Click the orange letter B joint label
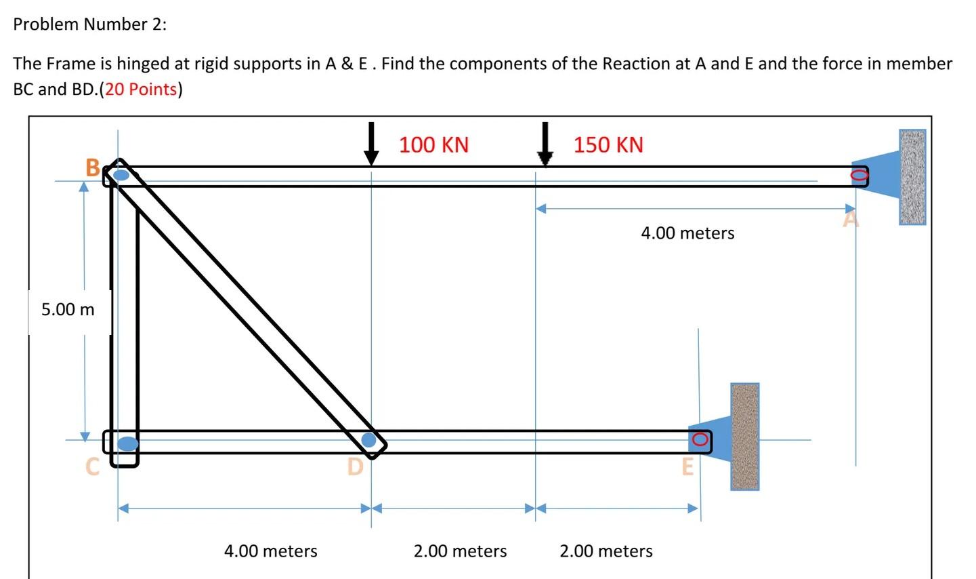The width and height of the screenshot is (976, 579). (93, 167)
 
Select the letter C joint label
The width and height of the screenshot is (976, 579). (92, 466)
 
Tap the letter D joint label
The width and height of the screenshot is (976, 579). (355, 467)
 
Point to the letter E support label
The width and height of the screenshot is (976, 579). (687, 467)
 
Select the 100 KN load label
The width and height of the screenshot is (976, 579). (433, 145)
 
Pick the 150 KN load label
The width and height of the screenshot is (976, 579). (608, 145)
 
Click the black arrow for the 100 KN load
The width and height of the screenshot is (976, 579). (370, 144)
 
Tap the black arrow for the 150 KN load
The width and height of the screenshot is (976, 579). (545, 144)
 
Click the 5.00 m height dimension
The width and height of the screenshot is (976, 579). (68, 310)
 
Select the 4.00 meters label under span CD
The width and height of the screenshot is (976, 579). (270, 551)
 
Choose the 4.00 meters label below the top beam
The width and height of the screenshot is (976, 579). (687, 233)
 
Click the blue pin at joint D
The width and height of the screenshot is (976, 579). (368, 440)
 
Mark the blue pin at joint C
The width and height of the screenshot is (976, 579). (127, 443)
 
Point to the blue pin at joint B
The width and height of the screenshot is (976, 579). (121, 176)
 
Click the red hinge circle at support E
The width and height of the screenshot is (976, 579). (700, 441)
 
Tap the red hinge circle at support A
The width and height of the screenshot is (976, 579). (859, 176)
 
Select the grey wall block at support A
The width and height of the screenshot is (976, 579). (912, 177)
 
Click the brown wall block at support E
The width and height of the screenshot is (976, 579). (744, 437)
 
